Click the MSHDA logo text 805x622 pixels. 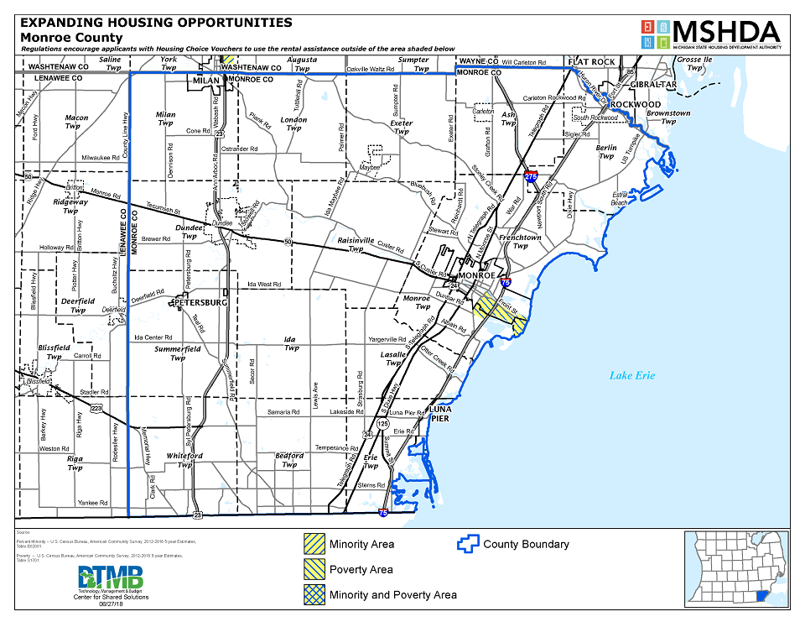[x=726, y=31]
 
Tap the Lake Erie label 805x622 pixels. [x=631, y=375]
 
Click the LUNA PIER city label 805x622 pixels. [x=440, y=414]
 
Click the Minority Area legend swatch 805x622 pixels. [x=314, y=544]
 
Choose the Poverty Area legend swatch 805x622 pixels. [x=314, y=569]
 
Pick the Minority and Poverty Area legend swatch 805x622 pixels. [x=314, y=594]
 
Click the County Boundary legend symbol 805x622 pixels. [x=466, y=544]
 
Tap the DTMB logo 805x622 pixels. [x=111, y=578]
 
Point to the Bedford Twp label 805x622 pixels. [x=289, y=459]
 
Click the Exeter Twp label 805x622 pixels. [x=402, y=127]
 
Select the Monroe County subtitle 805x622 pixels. [x=71, y=37]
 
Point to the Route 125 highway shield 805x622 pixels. [x=383, y=424]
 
